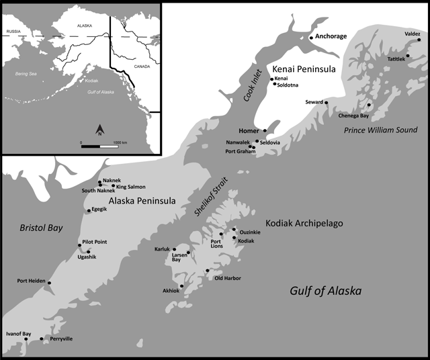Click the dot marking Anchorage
(x=311, y=38)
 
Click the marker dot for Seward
(x=327, y=103)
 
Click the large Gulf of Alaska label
(x=325, y=291)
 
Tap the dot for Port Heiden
(x=49, y=283)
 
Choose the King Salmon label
(x=130, y=186)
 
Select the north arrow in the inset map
(x=99, y=129)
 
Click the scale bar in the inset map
(x=99, y=146)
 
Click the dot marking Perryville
(x=42, y=339)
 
